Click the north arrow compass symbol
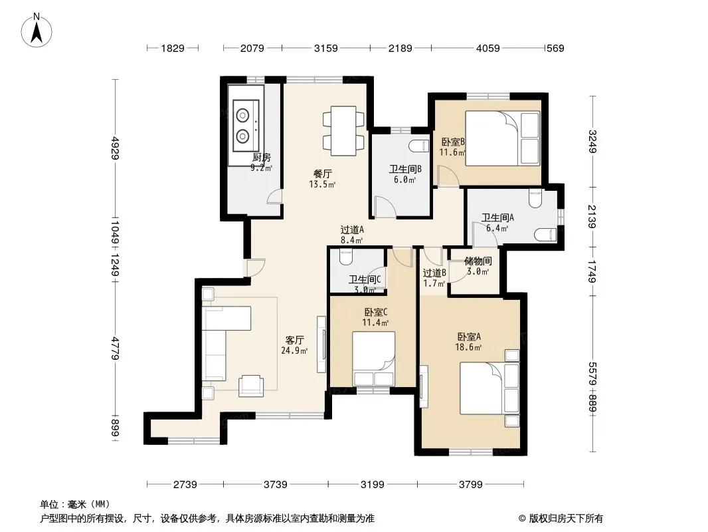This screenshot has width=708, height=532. click(x=37, y=30)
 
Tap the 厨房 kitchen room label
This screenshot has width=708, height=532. click(x=262, y=158)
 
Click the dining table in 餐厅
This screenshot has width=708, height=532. click(x=343, y=131)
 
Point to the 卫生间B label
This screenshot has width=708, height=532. click(x=406, y=169)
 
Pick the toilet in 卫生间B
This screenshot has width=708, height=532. click(x=418, y=146)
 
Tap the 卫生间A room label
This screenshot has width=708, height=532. click(x=497, y=217)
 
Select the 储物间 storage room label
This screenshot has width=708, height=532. click(x=478, y=261)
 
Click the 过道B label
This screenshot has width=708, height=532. click(x=434, y=273)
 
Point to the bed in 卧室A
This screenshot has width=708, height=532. click(x=489, y=388)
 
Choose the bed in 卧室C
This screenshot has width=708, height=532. click(x=374, y=359)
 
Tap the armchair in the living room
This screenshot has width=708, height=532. click(x=252, y=386)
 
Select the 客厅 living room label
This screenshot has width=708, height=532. click(x=294, y=340)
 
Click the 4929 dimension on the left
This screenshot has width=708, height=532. click(x=115, y=148)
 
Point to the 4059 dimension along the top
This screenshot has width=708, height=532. click(x=488, y=48)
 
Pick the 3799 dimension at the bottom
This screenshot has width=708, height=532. click(x=471, y=485)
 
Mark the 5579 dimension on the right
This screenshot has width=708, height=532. click(x=592, y=374)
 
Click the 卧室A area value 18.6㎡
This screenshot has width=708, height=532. click(x=468, y=347)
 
